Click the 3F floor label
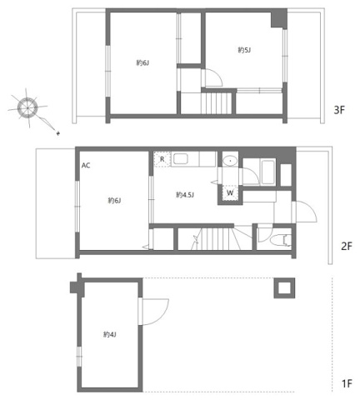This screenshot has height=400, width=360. click(x=339, y=109)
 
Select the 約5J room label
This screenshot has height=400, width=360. click(x=244, y=51)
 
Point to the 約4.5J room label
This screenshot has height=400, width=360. click(x=185, y=195)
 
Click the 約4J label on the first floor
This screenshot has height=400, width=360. click(x=109, y=334)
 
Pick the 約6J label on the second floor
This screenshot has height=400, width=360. click(x=113, y=200)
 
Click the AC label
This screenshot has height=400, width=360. click(x=86, y=165)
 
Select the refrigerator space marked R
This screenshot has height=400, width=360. click(x=162, y=157)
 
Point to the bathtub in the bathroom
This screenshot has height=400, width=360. click(x=267, y=171)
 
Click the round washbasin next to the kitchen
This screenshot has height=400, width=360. click(x=229, y=160)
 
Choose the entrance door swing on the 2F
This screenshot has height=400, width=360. click(x=305, y=214)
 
